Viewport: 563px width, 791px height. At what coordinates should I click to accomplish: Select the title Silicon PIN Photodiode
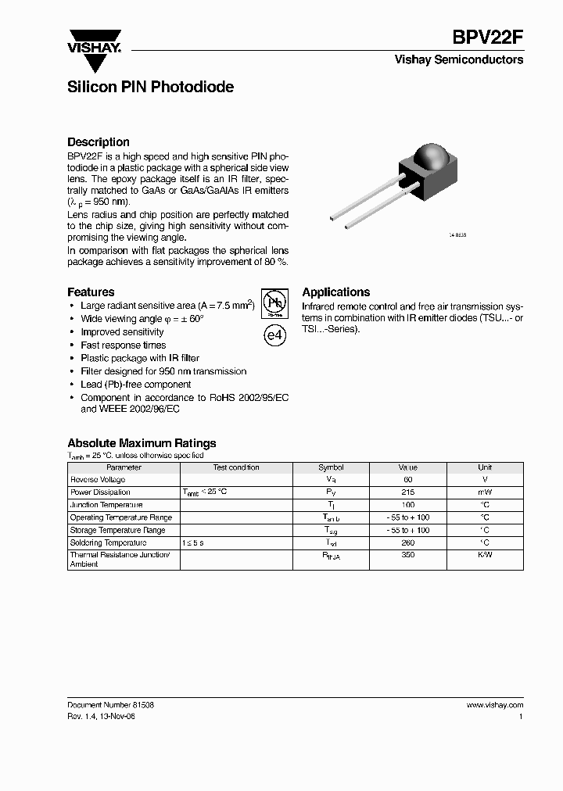[x=150, y=88]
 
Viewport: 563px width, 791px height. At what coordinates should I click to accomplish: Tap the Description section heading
[x=99, y=142]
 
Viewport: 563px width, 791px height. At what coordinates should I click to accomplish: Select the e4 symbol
[x=273, y=335]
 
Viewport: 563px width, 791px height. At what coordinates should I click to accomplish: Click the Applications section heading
[x=335, y=292]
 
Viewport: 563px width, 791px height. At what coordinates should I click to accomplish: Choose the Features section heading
[x=91, y=292]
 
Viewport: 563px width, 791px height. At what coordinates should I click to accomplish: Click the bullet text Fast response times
[x=124, y=345]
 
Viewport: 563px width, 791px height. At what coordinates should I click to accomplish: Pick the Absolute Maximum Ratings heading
[x=142, y=443]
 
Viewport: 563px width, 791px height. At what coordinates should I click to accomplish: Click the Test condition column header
[x=236, y=467]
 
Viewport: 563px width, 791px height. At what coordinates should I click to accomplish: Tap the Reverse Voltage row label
[x=98, y=480]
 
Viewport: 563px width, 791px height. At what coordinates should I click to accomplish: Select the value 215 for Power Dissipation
[x=407, y=492]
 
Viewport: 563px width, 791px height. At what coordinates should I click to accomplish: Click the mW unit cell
[x=485, y=492]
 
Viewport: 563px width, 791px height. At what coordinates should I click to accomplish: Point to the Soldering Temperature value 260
[x=407, y=542]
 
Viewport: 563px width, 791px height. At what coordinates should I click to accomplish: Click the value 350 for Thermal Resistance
[x=407, y=555]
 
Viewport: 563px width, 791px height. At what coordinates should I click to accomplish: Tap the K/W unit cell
[x=485, y=555]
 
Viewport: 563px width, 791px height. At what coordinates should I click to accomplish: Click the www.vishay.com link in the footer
[x=494, y=704]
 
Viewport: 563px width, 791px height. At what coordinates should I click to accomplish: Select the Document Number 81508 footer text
[x=110, y=704]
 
